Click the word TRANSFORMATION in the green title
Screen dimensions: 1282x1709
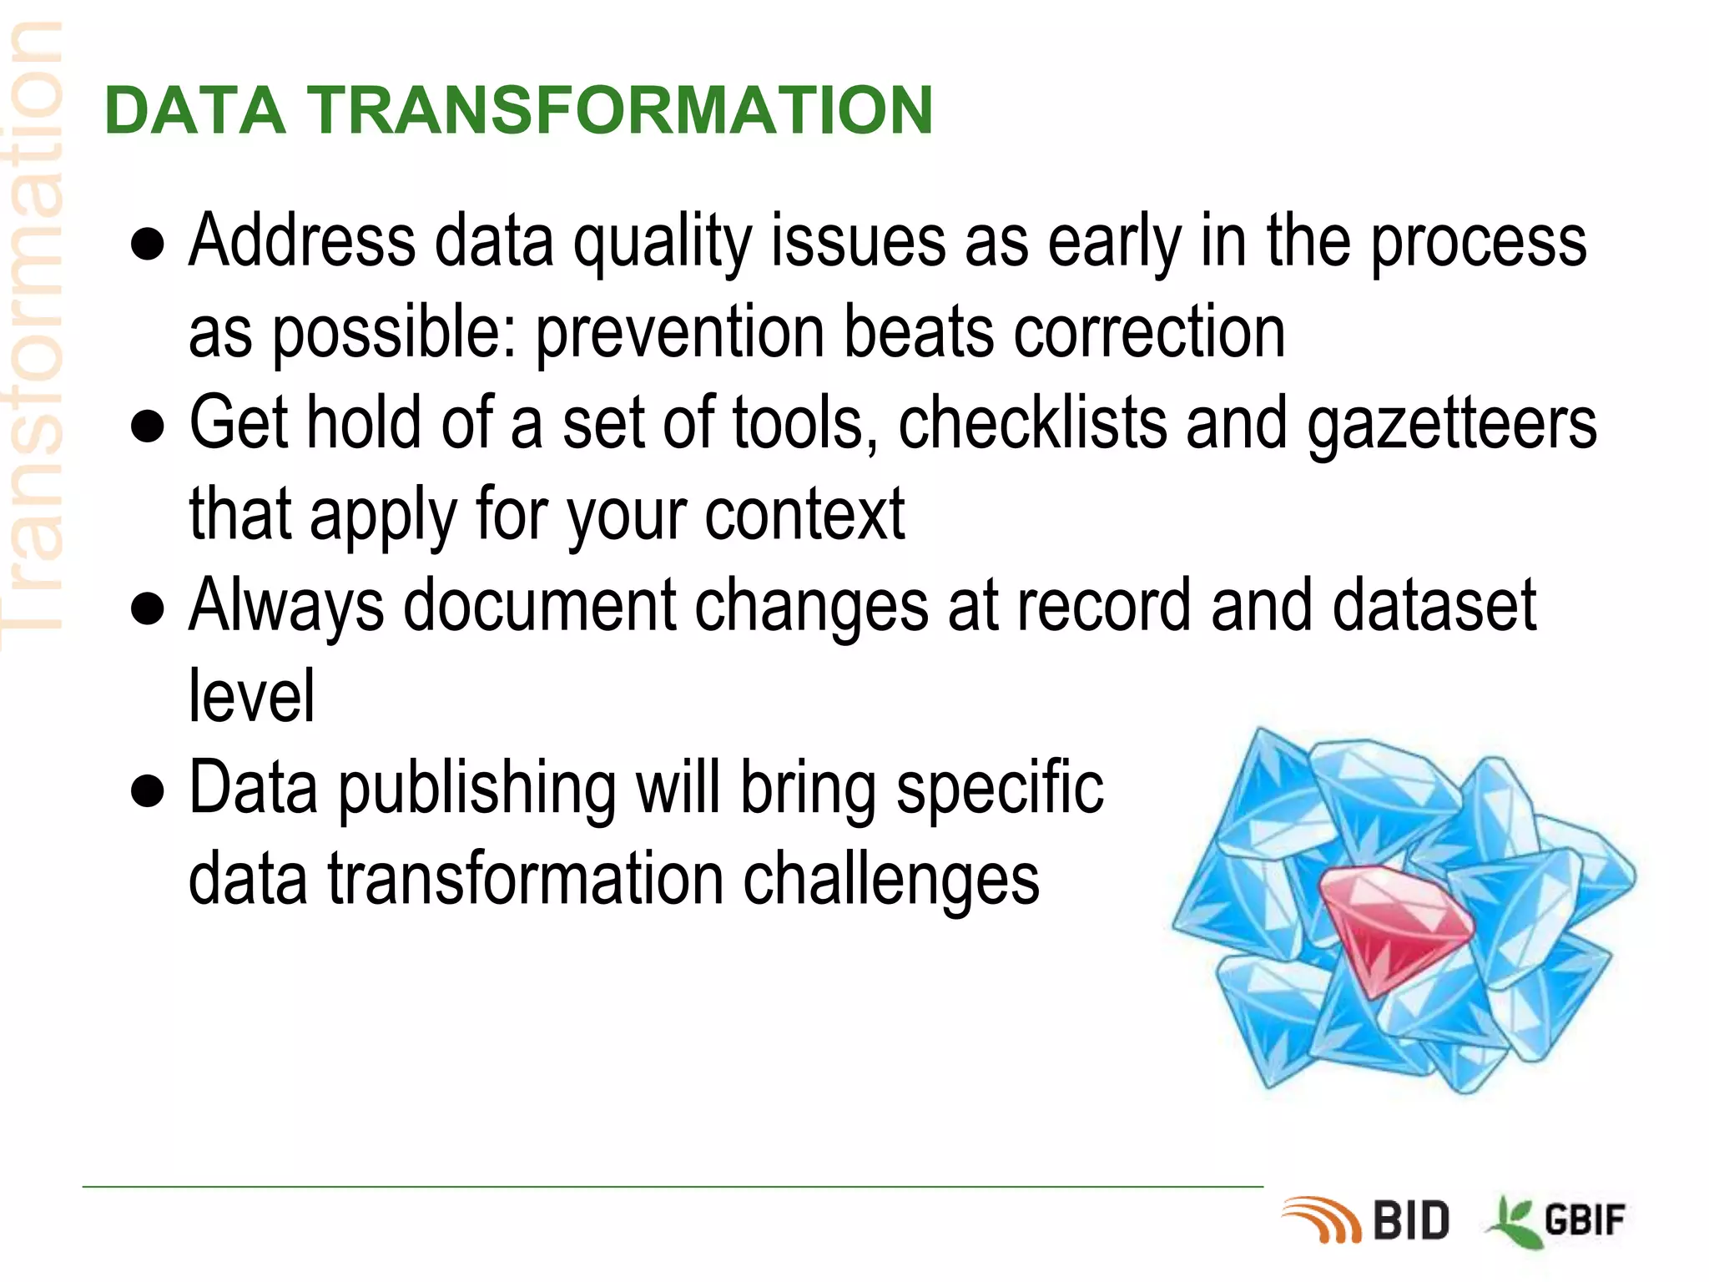pos(619,110)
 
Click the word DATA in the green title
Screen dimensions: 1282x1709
pos(194,110)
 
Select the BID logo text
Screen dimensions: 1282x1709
pos(1411,1221)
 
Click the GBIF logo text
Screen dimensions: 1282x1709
pos(1585,1221)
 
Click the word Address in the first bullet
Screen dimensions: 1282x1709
pos(301,242)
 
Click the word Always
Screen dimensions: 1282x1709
pos(286,607)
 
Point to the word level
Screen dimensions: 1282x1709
pos(251,696)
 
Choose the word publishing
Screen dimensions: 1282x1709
pos(476,790)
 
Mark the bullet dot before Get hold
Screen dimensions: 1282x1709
pos(148,427)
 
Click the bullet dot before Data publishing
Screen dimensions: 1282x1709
pos(148,792)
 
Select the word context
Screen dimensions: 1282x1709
pos(804,516)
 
